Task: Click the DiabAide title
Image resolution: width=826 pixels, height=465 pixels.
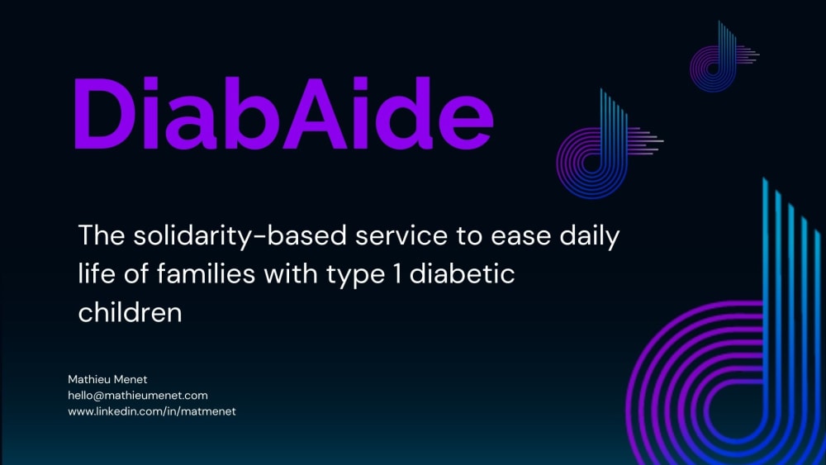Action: point(284,113)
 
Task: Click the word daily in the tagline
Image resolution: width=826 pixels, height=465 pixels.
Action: point(590,236)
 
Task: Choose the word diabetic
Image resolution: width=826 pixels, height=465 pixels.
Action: point(462,274)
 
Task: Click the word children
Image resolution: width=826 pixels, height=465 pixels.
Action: point(131,312)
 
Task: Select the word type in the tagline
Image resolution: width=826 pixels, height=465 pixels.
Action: point(355,275)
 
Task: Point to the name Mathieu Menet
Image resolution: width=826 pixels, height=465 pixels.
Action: point(107,379)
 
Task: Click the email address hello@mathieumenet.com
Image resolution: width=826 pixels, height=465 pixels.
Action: point(138,396)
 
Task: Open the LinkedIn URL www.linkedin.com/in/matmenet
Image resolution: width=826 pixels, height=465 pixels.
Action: point(152,411)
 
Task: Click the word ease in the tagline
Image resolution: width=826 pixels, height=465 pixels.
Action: point(520,236)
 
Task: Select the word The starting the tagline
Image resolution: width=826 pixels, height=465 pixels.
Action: point(101,235)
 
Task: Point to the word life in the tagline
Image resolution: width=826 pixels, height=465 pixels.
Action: point(97,274)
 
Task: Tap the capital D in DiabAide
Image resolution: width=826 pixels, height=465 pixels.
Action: point(105,113)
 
